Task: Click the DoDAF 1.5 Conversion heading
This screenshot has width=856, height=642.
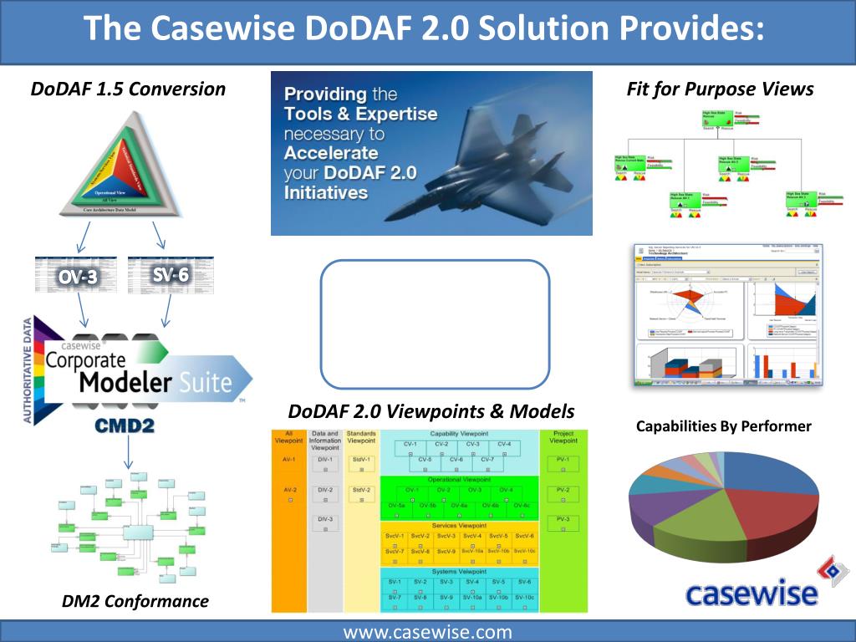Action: (128, 89)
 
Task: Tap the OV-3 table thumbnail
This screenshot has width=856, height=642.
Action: (78, 275)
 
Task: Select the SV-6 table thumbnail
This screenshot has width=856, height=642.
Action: (171, 275)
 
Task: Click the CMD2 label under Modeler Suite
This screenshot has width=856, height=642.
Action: (125, 425)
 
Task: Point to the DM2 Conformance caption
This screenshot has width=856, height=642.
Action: (135, 600)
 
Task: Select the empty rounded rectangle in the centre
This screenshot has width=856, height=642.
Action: (435, 324)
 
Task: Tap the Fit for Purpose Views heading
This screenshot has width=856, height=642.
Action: (720, 89)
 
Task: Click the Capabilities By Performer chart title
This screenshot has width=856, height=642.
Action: (724, 426)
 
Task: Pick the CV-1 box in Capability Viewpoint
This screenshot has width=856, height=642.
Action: (410, 445)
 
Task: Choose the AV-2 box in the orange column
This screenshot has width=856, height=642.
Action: (289, 490)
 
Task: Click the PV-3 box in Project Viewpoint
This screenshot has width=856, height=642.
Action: (563, 519)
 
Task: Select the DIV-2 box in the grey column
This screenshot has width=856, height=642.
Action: (325, 490)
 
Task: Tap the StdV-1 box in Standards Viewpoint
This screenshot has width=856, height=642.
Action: (361, 460)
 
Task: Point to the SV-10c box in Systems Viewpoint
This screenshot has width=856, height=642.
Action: (524, 597)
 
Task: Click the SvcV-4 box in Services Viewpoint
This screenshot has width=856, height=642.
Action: (472, 536)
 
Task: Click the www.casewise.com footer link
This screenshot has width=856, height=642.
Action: (427, 632)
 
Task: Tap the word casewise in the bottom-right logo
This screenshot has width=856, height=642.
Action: (750, 593)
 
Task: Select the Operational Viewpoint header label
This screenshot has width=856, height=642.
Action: (459, 480)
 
